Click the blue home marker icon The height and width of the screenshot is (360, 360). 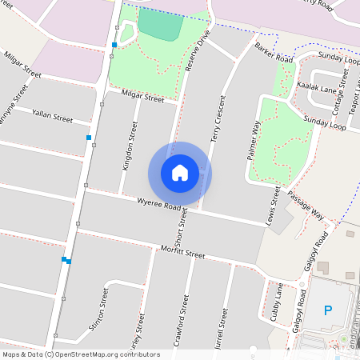[x=179, y=172]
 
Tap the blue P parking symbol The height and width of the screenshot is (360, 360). [x=327, y=310]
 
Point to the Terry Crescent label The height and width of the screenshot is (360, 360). [x=218, y=119]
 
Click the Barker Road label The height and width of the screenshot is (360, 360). [x=274, y=54]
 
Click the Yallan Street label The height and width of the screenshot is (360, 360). [x=52, y=117]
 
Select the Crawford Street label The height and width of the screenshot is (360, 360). [x=180, y=320]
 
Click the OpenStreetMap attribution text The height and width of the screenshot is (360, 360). [x=80, y=354]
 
